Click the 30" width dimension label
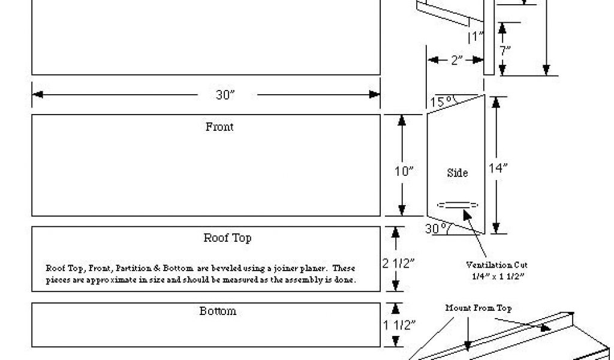[225, 95]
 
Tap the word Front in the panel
[219, 127]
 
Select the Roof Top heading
[227, 238]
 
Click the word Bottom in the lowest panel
[218, 311]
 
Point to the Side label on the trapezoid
[458, 173]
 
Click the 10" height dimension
[404, 171]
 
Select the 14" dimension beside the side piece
[498, 169]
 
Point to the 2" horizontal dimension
[457, 59]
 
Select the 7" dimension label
[505, 51]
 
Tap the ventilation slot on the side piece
[458, 205]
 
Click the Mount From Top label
[478, 308]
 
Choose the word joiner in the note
[280, 268]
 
